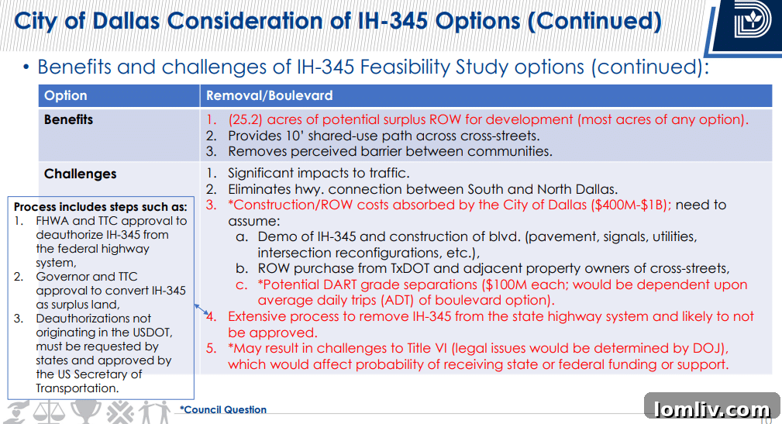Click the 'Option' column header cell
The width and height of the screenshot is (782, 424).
pos(66,96)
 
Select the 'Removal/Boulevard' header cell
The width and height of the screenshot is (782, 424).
pos(269,96)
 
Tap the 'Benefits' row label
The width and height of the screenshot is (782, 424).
pos(68,120)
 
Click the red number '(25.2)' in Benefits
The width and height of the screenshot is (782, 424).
pos(245,120)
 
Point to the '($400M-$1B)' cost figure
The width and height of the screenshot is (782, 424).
pos(632,205)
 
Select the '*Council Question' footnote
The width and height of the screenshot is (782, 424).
pos(223,410)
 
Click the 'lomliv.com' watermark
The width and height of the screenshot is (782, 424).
pos(711,409)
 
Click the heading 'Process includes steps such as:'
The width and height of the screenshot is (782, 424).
pos(101,207)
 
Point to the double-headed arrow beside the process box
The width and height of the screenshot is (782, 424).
pos(203,310)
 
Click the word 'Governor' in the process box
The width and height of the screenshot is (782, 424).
pos(63,277)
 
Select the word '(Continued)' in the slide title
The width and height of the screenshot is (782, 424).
pos(594,21)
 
